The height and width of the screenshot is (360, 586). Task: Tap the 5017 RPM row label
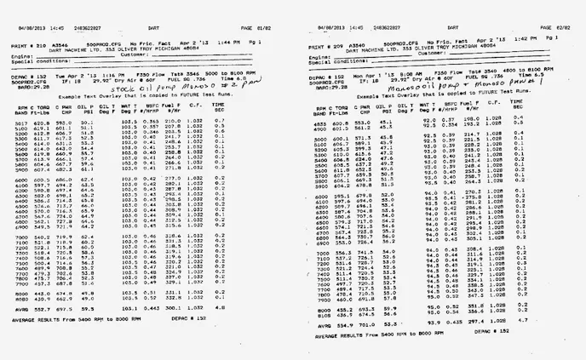[21, 123]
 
